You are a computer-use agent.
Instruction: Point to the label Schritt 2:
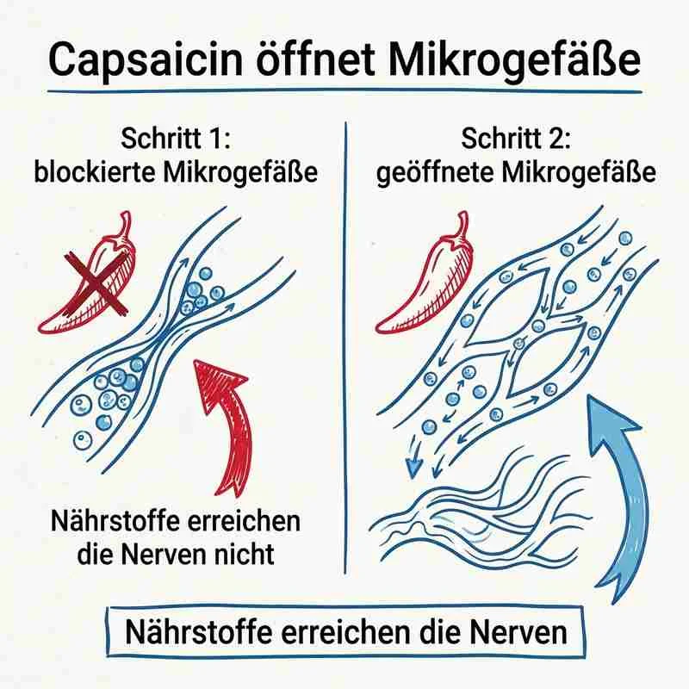coord(516,140)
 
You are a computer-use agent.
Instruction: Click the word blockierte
coord(96,172)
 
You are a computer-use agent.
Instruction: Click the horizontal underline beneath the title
coord(344,90)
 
